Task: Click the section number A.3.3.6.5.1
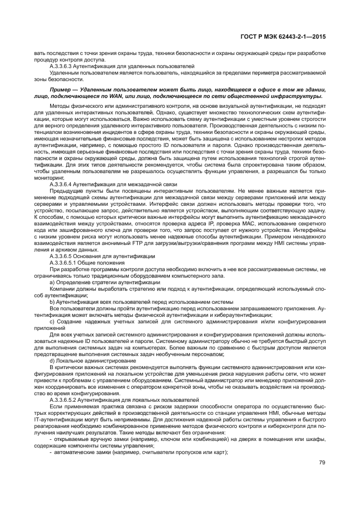pos(68,262)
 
